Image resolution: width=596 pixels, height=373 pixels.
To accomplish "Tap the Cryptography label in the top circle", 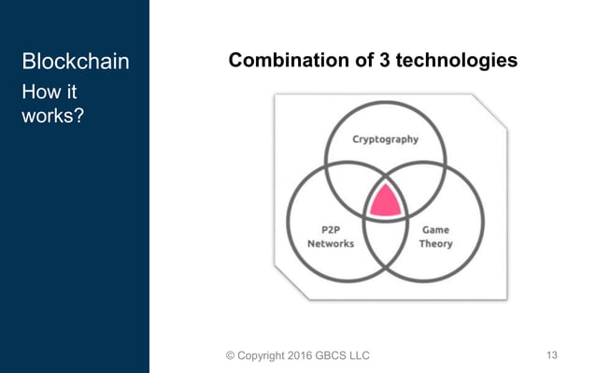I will (385, 140).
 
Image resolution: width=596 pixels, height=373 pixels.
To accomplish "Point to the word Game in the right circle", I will (436, 229).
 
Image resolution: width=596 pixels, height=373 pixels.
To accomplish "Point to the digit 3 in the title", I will (384, 61).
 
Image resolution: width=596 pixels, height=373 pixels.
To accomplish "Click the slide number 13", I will (551, 354).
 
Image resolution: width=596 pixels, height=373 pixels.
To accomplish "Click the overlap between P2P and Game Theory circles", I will (384, 241).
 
